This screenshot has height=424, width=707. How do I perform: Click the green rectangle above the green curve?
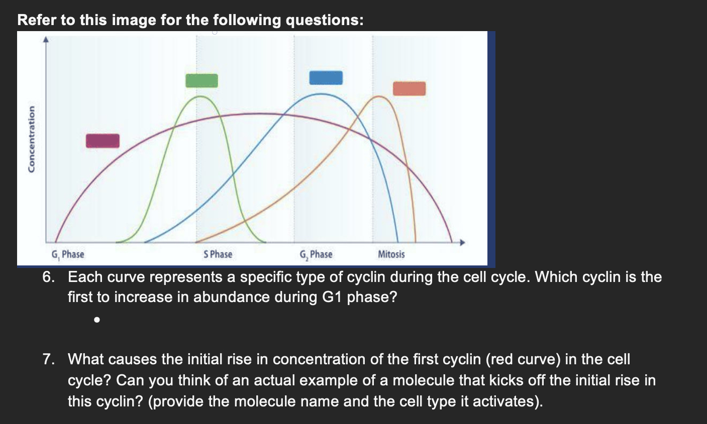[x=201, y=81]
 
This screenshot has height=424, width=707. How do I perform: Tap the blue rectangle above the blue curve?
[x=326, y=78]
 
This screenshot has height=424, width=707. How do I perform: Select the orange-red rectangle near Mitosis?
[x=410, y=89]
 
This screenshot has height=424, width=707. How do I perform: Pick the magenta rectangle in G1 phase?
[x=103, y=140]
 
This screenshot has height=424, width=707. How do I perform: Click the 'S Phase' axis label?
[x=218, y=254]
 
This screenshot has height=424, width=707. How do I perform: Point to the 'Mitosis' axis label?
[x=391, y=254]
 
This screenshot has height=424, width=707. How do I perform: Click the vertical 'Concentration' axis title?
[x=31, y=139]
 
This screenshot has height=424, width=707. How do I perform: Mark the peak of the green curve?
[x=200, y=96]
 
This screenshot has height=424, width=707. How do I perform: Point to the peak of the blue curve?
[x=321, y=94]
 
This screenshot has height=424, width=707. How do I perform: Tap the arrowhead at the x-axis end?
[x=462, y=242]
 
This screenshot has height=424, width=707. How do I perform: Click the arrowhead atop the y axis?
[x=46, y=39]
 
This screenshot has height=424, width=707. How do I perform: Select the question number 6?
[x=48, y=277]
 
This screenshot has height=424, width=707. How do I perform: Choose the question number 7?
[x=48, y=359]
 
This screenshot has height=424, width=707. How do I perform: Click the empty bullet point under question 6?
[x=97, y=320]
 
